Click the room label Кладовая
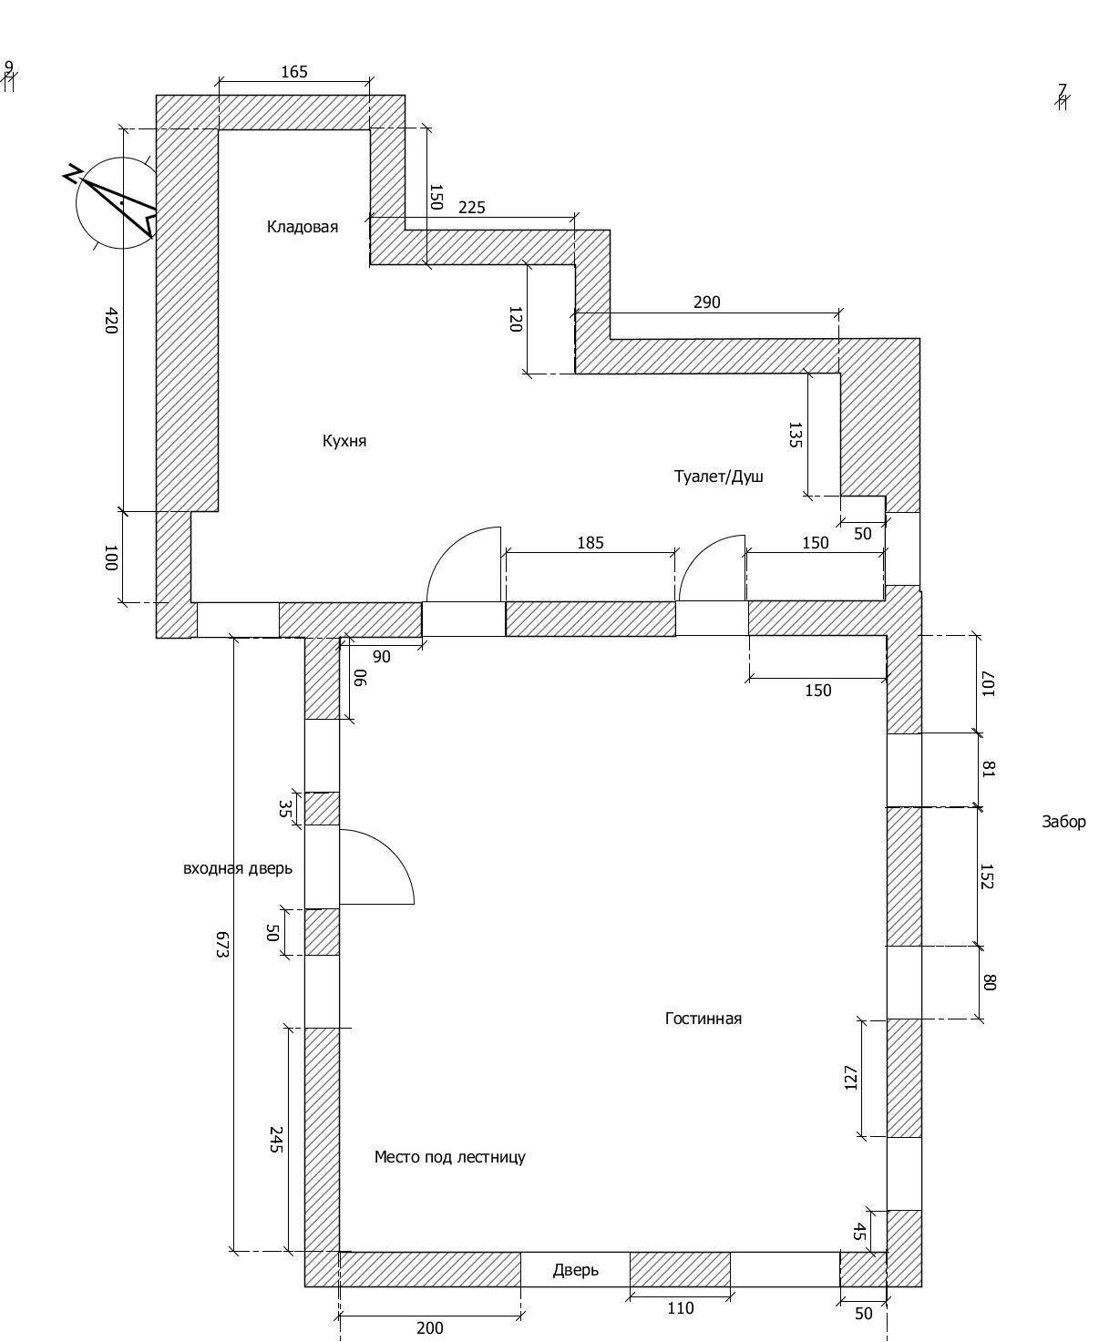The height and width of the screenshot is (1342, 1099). [x=302, y=227]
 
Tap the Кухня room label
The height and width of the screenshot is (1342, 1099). [x=344, y=441]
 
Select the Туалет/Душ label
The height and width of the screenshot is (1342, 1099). [x=718, y=476]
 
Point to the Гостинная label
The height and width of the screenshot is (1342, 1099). [x=703, y=1019]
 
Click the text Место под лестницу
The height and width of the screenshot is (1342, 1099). [x=449, y=1157]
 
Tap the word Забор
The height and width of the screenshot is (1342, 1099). [x=1063, y=822]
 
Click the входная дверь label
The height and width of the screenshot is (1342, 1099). [x=238, y=868]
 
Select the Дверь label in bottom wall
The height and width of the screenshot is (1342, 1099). [x=575, y=1270]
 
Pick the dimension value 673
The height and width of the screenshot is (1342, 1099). [x=221, y=944]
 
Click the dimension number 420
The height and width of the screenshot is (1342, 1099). [x=110, y=320]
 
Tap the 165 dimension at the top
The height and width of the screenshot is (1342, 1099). [x=293, y=72]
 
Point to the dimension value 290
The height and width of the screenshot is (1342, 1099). [x=706, y=302]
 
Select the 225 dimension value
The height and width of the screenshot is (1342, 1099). [x=471, y=208]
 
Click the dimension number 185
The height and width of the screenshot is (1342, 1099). [x=590, y=543]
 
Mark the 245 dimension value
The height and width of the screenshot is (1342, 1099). [x=275, y=1140]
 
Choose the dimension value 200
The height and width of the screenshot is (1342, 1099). [x=429, y=1328]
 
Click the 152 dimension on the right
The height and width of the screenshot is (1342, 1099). [x=987, y=876]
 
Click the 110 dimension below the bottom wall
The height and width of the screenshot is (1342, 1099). [x=680, y=1308]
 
